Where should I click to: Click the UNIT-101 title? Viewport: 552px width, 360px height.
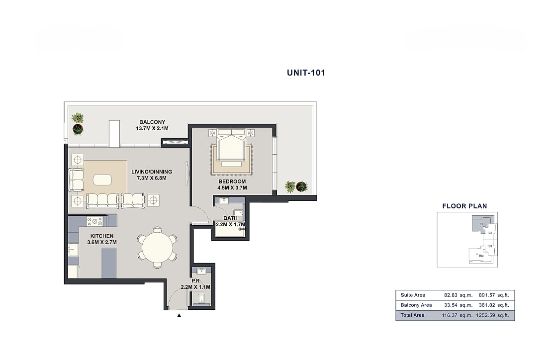click(x=306, y=73)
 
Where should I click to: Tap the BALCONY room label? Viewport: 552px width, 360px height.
click(x=152, y=122)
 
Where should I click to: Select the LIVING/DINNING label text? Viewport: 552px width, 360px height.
click(x=152, y=172)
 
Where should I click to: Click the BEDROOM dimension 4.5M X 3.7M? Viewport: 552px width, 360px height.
click(x=232, y=188)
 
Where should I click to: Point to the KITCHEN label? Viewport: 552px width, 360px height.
click(x=102, y=236)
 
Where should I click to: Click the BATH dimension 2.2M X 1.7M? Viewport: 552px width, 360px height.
click(x=231, y=225)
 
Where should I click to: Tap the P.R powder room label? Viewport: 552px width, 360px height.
click(x=196, y=281)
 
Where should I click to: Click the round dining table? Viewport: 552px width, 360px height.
click(x=158, y=247)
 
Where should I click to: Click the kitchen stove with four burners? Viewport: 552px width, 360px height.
click(x=94, y=221)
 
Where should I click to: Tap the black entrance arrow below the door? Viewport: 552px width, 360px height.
click(x=179, y=316)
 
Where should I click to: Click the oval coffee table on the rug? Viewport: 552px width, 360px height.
click(x=102, y=180)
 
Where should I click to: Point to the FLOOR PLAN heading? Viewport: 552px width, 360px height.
click(x=464, y=206)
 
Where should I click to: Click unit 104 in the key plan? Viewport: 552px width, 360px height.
click(x=481, y=256)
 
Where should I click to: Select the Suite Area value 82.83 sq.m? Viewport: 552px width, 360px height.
click(x=459, y=295)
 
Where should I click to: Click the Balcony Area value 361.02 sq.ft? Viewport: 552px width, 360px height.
click(x=494, y=305)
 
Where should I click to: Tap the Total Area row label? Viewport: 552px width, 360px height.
click(x=413, y=315)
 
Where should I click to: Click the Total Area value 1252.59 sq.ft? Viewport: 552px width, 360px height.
click(x=492, y=315)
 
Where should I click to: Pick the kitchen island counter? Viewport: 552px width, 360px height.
click(x=109, y=263)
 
